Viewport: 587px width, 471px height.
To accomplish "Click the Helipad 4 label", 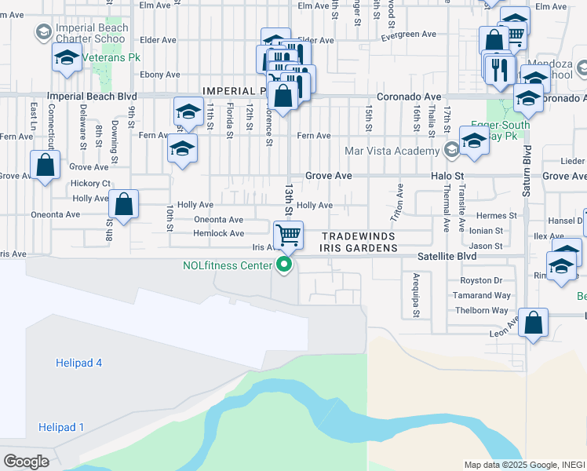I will (x=78, y=363).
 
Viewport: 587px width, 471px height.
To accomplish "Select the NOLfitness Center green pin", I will (x=285, y=265).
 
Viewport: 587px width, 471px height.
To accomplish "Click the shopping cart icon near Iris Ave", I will (x=288, y=234).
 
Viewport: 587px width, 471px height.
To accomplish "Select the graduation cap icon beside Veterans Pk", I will (x=67, y=57).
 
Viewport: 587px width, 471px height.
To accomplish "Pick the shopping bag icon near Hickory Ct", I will (x=46, y=166).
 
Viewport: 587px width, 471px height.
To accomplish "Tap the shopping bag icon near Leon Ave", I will (x=533, y=323).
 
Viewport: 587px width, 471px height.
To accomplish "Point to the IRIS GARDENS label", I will (x=359, y=248).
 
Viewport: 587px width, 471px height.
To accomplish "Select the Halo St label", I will (x=448, y=177).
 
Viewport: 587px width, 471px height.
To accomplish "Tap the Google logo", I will (x=26, y=461).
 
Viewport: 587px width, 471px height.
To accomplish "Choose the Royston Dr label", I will (x=481, y=280).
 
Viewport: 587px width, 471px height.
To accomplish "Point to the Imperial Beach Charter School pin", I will (x=44, y=32).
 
